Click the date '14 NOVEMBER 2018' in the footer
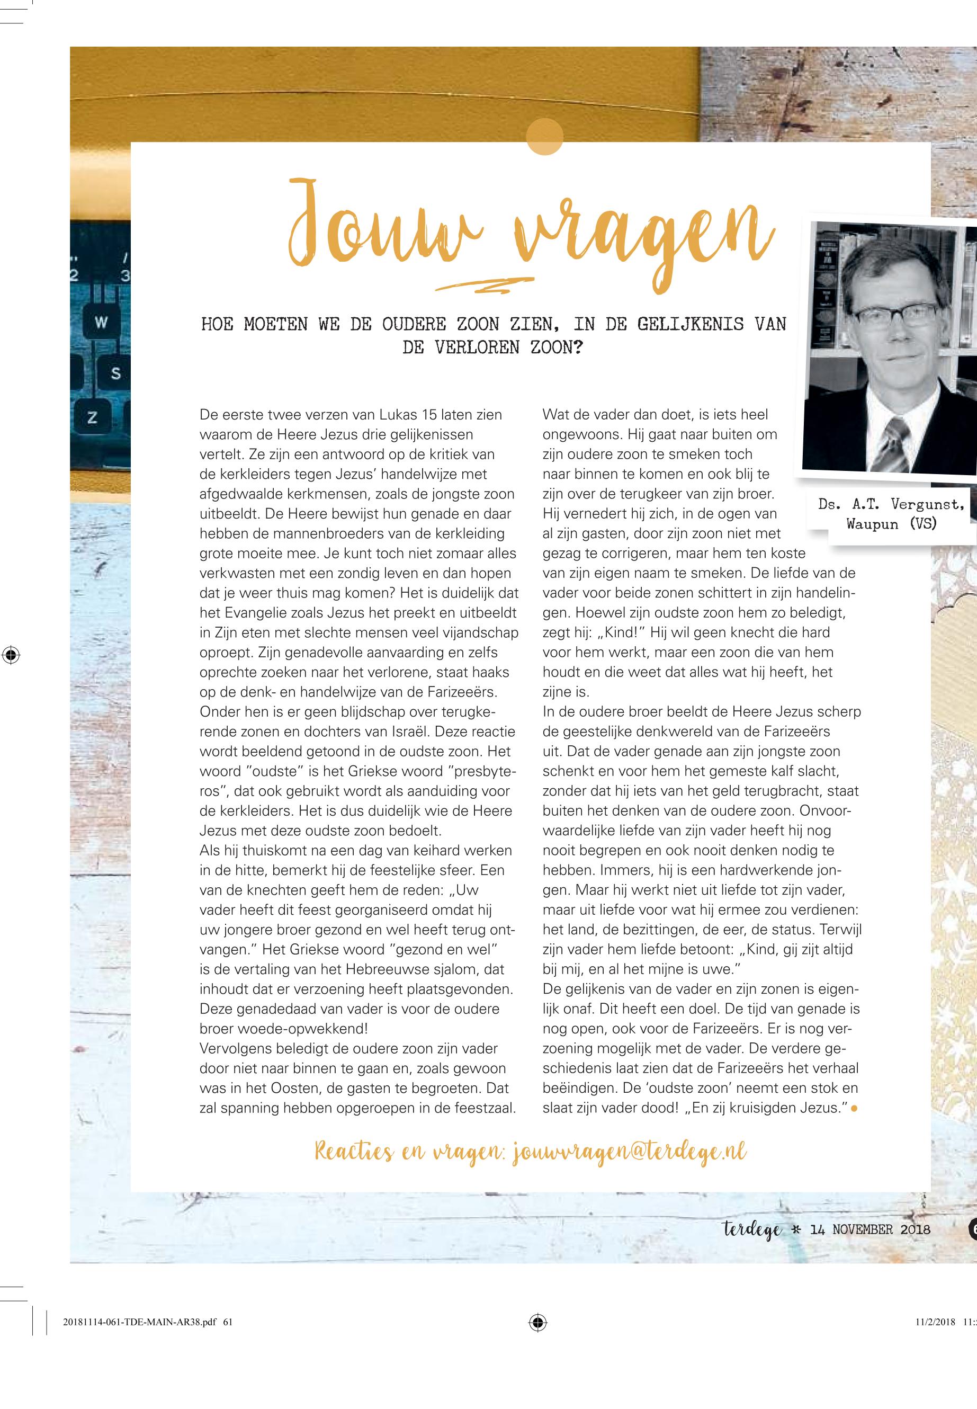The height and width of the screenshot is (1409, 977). coord(870,1229)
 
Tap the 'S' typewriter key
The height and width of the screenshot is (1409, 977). coord(115,373)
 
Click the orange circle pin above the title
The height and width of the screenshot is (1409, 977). coord(544,136)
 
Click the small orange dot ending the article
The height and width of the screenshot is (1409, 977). coord(853,1108)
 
